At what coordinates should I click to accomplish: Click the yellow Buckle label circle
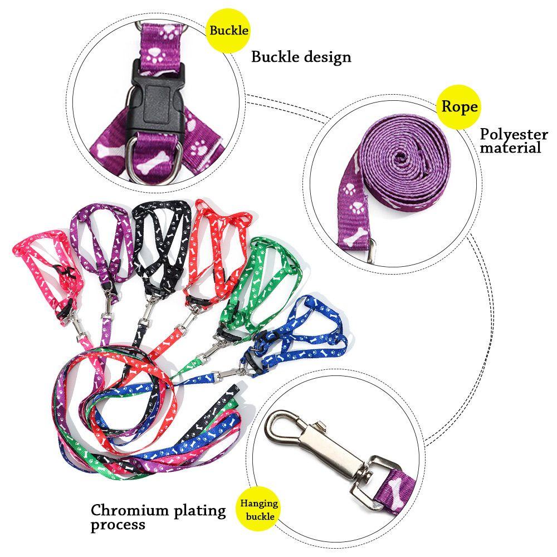point(229,30)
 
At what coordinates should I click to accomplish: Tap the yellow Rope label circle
point(459,106)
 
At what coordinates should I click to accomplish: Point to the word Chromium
point(126,510)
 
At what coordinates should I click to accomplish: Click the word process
point(118,525)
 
